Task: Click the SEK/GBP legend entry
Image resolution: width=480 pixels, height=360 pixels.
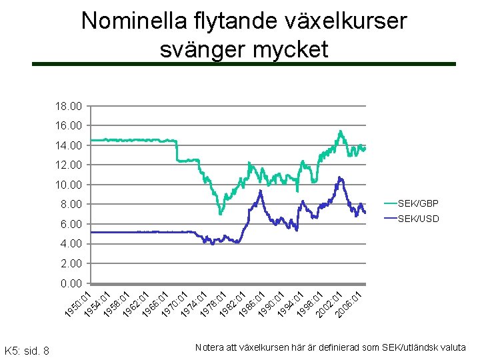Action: (x=418, y=203)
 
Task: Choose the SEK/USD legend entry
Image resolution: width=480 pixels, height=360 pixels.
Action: (x=418, y=218)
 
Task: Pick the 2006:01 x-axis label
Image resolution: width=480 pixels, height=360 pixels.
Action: (x=348, y=304)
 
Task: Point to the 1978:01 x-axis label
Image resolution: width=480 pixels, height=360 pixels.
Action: (x=213, y=304)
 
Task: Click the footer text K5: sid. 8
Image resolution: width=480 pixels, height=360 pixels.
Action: (x=27, y=349)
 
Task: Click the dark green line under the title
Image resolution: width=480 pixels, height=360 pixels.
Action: (x=244, y=64)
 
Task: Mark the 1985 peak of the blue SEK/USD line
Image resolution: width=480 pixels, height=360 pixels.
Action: (x=260, y=191)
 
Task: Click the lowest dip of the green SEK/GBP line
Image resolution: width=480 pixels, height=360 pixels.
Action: (x=220, y=213)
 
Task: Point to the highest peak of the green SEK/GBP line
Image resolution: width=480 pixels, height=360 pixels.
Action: (x=340, y=131)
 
